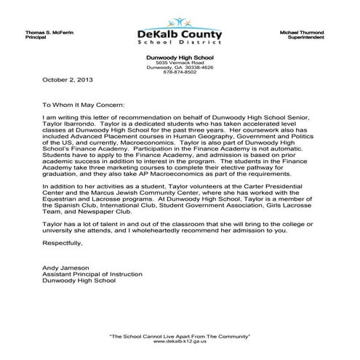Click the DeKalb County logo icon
pos(179,23)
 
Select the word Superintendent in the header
pos(314,39)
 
